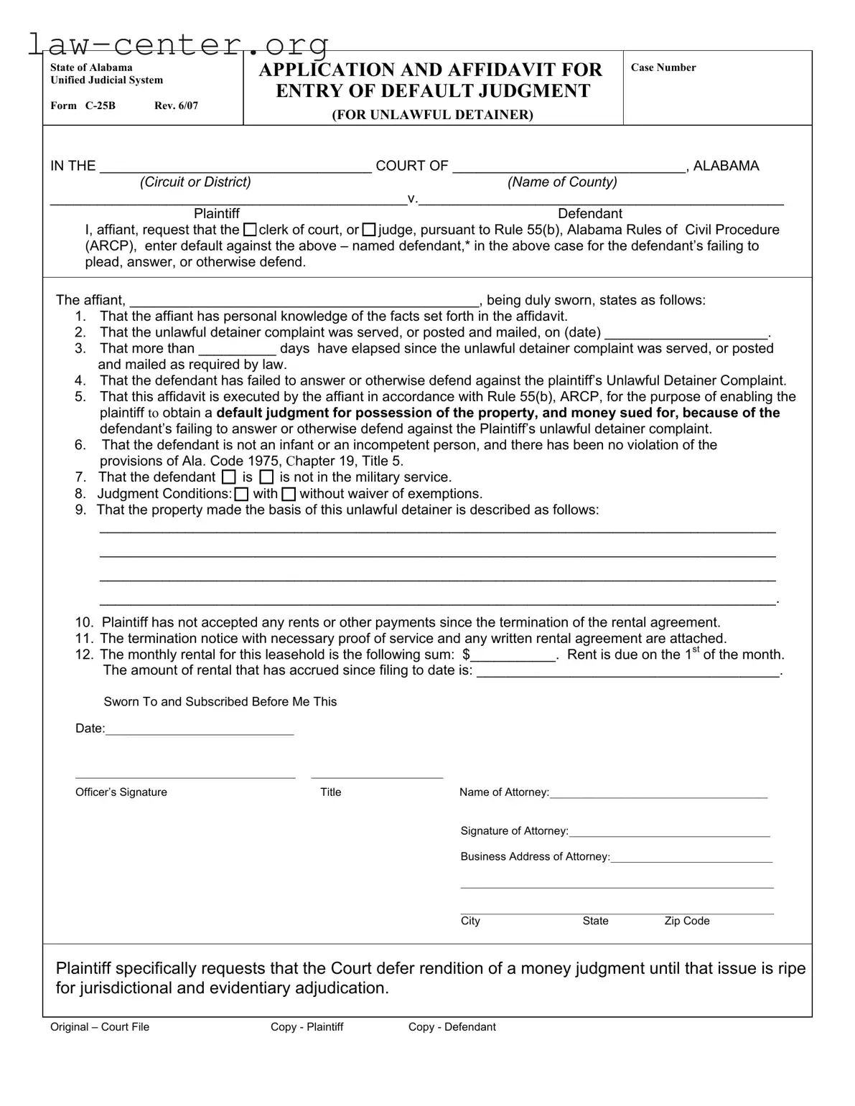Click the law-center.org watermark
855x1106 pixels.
(179, 44)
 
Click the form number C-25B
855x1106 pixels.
(100, 106)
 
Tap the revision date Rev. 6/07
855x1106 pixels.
(176, 106)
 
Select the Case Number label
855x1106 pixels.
(663, 67)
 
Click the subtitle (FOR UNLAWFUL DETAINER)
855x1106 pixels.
(432, 115)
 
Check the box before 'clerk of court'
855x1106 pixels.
(250, 230)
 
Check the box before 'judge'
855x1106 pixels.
(369, 230)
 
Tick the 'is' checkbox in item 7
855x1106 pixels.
(228, 477)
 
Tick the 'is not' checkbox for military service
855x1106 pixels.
(266, 477)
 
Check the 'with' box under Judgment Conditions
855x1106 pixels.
(242, 494)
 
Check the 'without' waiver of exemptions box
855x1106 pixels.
(289, 494)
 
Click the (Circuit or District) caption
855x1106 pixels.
(195, 182)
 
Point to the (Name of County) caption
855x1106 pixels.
(562, 182)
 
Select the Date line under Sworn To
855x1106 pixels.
(199, 729)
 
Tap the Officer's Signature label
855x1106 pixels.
(121, 792)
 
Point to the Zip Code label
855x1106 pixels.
(686, 921)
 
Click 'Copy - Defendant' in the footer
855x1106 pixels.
(452, 1026)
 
